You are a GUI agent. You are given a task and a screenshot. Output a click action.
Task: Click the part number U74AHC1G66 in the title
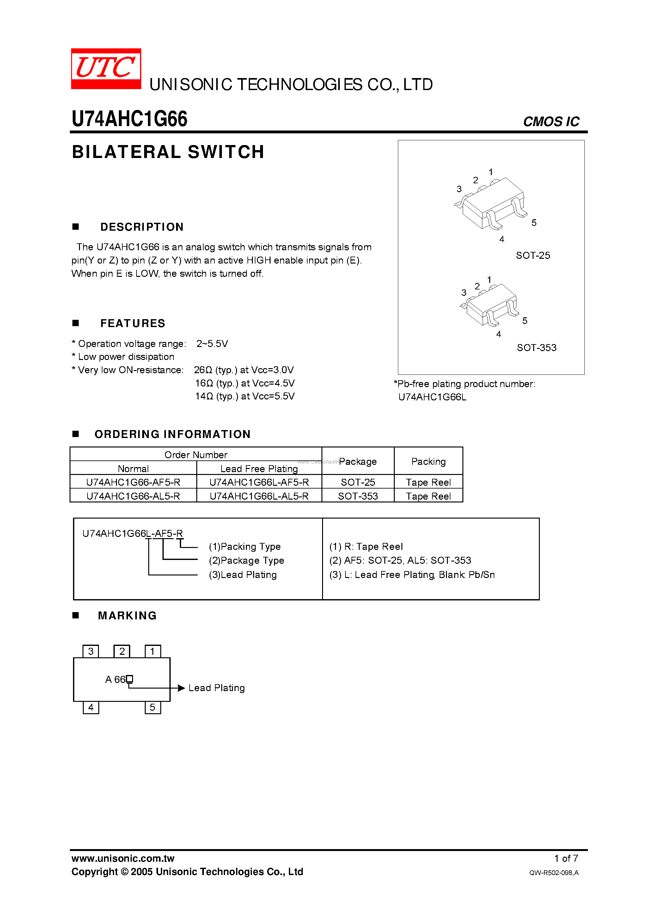point(129,119)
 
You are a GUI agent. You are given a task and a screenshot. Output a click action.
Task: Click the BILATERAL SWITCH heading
point(168,152)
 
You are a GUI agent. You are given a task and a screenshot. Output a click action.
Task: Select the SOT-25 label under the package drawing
point(533,256)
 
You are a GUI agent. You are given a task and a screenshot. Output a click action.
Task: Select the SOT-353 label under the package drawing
point(536,348)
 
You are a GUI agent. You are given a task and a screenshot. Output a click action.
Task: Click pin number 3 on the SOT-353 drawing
point(464,293)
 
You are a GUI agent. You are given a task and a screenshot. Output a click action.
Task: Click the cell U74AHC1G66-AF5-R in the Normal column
point(133,482)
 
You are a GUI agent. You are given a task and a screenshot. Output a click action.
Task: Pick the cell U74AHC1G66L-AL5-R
point(259,496)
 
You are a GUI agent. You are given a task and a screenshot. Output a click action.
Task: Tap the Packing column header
point(428,462)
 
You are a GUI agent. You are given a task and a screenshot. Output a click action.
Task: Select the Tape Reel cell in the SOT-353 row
point(428,496)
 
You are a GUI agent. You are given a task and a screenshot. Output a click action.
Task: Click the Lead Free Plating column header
point(259,469)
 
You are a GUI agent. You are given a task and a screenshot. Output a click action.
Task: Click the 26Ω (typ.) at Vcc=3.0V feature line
point(244,370)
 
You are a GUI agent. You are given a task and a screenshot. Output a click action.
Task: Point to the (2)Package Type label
point(247,561)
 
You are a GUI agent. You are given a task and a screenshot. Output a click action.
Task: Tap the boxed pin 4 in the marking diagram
point(91,708)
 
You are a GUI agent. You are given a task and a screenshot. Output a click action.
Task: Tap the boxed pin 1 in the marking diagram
point(153,652)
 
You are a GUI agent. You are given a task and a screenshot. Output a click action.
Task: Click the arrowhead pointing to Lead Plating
point(181,688)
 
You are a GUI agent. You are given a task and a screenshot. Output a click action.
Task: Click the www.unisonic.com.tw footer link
point(123,858)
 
